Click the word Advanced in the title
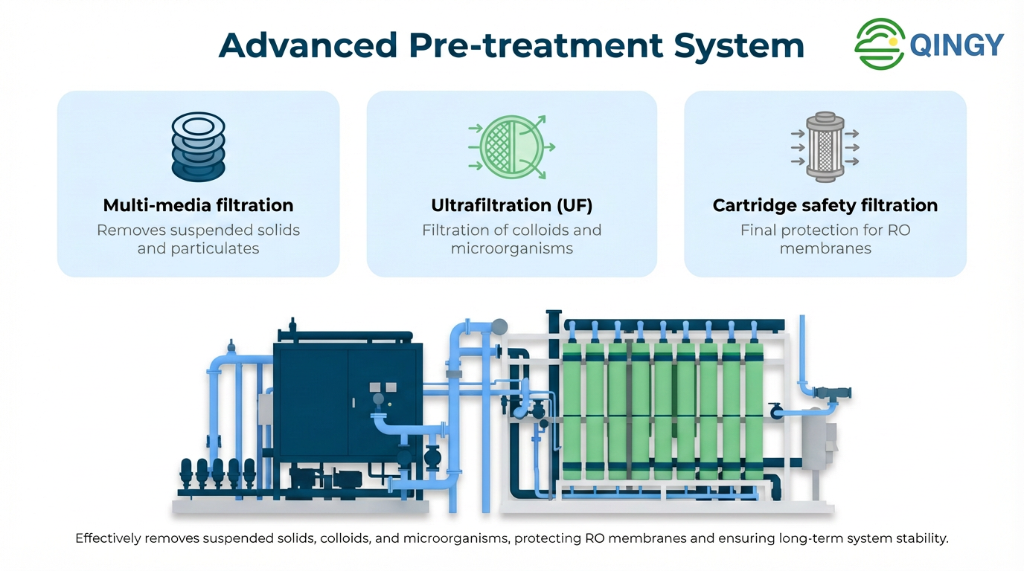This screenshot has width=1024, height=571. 307,45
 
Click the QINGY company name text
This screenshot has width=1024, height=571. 957,45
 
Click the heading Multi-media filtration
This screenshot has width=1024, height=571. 198,205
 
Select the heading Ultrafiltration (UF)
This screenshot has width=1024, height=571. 511,205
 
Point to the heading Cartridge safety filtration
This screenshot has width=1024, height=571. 825,205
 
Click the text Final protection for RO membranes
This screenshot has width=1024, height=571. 825,239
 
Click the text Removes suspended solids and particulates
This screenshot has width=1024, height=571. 198,239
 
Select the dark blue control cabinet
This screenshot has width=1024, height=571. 327,401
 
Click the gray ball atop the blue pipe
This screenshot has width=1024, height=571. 499,326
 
